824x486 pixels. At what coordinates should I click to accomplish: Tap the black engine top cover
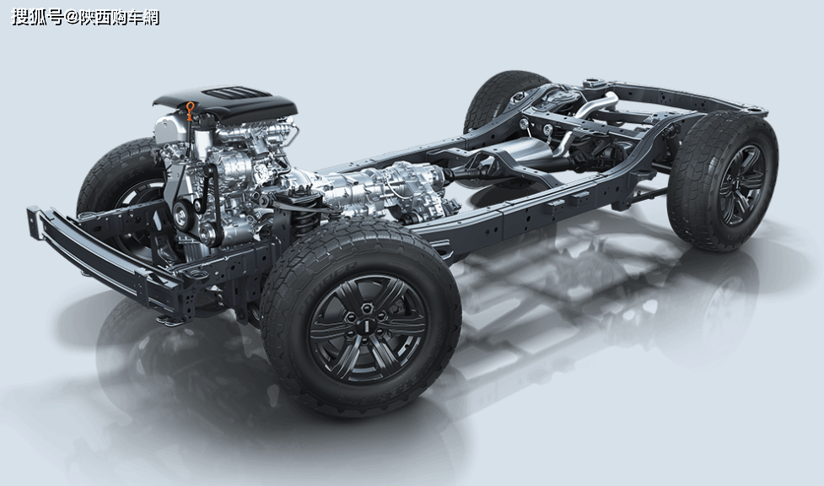pyautogui.click(x=226, y=103)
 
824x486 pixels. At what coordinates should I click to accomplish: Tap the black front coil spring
pyautogui.click(x=304, y=216)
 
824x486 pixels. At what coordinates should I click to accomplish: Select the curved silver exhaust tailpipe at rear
pyautogui.click(x=594, y=105)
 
